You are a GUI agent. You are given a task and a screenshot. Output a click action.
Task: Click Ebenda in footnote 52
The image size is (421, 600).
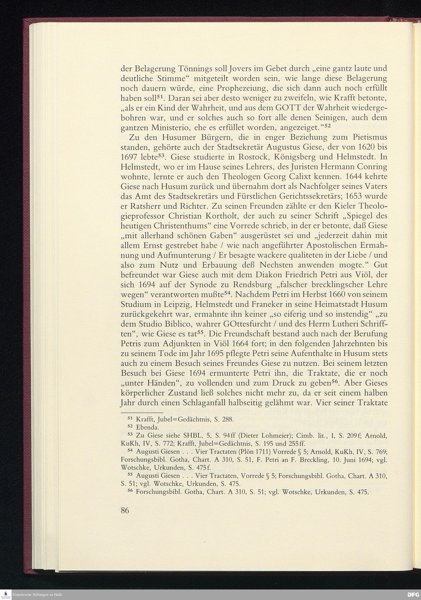(147, 427)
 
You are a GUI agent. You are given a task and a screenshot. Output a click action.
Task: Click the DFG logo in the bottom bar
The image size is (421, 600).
(413, 595)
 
